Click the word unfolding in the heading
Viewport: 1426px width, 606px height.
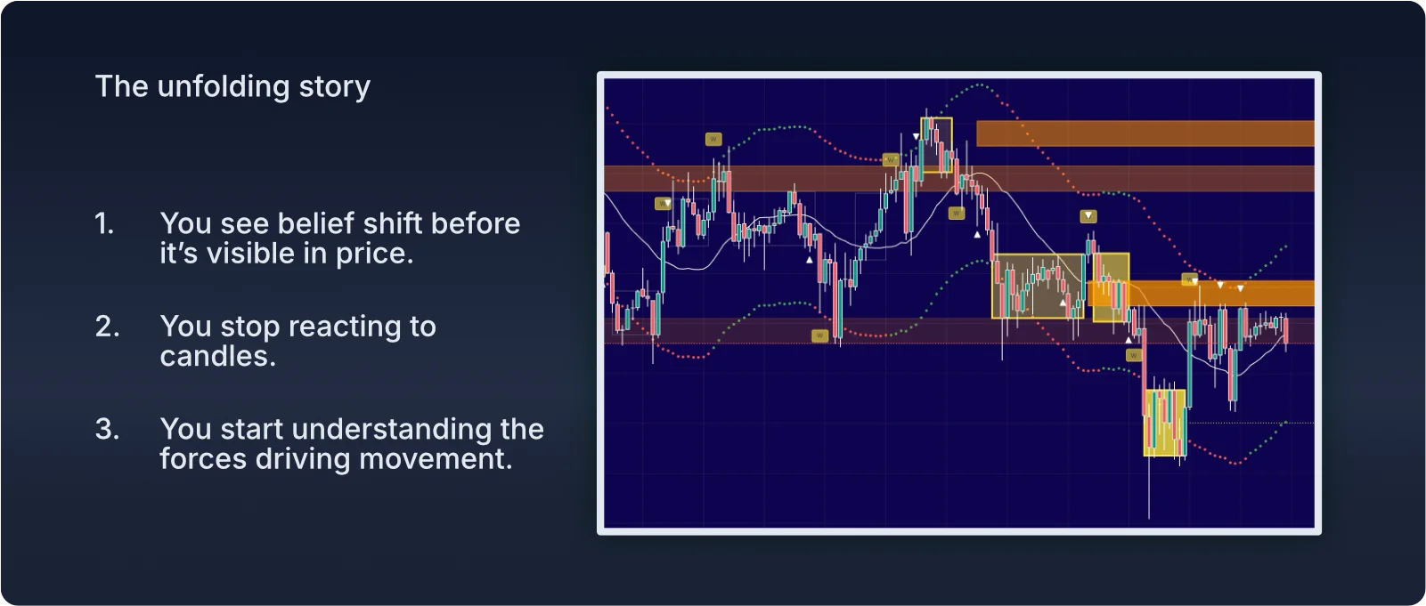coord(223,87)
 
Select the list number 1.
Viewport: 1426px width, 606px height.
coord(104,223)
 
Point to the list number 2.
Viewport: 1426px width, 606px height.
coord(107,327)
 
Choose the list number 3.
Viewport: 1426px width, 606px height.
coord(107,429)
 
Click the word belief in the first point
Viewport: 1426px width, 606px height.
coord(316,223)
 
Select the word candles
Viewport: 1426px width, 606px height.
coord(217,356)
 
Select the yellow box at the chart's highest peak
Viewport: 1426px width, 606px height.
coord(936,144)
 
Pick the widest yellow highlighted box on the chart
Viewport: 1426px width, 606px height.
coord(1038,286)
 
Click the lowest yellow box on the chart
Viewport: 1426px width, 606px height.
coord(1164,423)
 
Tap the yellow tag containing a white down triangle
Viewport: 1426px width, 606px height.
coord(1088,216)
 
